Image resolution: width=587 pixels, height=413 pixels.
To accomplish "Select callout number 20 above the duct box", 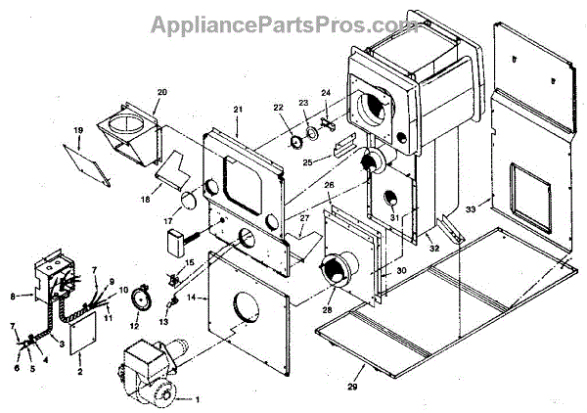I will (162, 92).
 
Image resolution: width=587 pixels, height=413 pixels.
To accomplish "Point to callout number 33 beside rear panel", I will (471, 208).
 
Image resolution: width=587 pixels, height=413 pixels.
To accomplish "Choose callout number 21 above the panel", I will (238, 108).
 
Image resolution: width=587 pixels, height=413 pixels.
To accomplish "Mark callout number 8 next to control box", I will (13, 295).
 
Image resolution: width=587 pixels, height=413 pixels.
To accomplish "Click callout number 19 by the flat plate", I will (77, 129).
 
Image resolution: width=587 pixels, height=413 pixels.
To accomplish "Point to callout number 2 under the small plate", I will (79, 374).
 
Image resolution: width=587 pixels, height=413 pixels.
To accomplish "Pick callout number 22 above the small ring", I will (278, 107).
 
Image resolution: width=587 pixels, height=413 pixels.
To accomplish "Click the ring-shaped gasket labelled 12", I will (140, 294).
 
